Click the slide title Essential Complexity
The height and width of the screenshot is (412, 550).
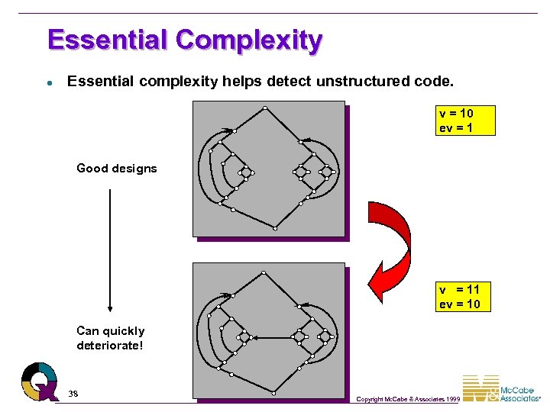pos(184,40)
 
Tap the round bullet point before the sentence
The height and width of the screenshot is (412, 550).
pos(48,82)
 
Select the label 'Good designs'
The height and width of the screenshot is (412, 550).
pos(116,169)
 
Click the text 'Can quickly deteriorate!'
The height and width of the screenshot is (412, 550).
pos(110,338)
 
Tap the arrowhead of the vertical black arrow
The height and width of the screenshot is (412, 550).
pos(110,307)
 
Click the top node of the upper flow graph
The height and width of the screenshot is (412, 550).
pos(264,108)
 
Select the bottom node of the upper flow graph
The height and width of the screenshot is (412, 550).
pos(274,227)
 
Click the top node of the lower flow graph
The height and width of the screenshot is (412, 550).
pos(264,272)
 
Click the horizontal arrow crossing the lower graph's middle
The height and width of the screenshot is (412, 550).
pos(271,337)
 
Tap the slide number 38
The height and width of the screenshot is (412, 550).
pos(73,394)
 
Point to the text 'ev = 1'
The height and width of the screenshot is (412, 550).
pos(456,128)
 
